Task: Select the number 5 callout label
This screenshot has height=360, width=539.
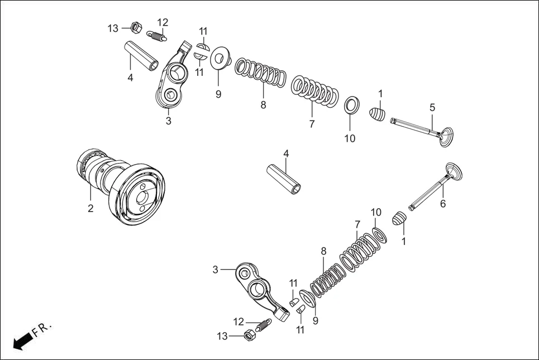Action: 432,107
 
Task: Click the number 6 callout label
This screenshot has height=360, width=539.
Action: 443,204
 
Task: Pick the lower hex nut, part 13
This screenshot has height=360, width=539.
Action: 250,335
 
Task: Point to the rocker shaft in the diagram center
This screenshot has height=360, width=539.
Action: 286,177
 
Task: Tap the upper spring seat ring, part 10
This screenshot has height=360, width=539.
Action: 351,104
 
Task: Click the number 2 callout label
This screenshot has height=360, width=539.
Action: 90,208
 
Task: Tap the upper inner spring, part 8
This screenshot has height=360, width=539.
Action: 260,74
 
